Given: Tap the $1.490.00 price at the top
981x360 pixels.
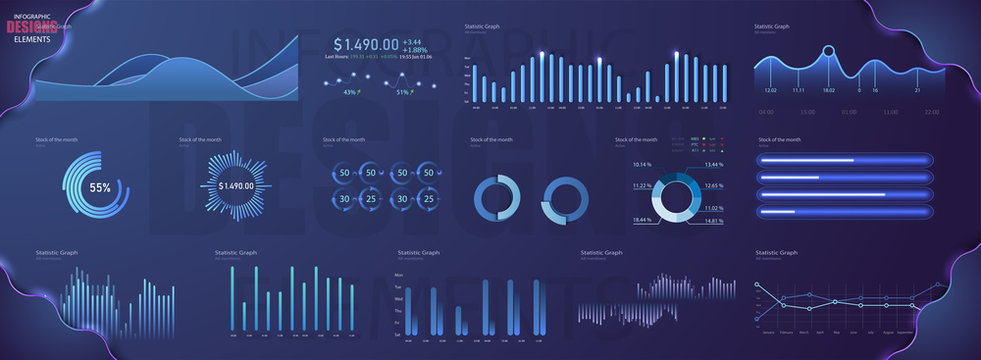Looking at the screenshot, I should tap(366, 44).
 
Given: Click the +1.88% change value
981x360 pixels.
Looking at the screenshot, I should tap(415, 50).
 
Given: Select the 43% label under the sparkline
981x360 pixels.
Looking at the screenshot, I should tap(349, 92).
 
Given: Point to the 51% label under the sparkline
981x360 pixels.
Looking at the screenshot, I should tap(403, 92).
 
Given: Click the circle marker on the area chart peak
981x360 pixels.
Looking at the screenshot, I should tap(828, 50).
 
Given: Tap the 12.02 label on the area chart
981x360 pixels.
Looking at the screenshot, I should tap(770, 90).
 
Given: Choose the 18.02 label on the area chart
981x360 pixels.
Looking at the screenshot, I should tap(828, 90).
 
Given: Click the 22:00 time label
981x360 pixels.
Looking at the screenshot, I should tap(931, 112).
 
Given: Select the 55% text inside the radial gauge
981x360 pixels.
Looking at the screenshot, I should tap(100, 187).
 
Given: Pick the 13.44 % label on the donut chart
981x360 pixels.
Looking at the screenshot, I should tap(713, 164).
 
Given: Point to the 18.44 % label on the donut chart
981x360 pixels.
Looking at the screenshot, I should tap(642, 219).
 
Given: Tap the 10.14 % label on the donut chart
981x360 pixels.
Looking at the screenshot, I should tap(642, 164).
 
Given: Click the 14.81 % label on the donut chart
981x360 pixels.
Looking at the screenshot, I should tap(713, 221).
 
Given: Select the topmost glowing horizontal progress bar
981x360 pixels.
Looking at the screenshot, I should tap(845, 160).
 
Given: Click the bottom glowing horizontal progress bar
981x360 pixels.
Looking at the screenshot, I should tap(845, 212).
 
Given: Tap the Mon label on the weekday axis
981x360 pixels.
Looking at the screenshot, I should tap(399, 275).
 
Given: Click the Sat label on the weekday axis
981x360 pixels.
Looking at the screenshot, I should tap(399, 335).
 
